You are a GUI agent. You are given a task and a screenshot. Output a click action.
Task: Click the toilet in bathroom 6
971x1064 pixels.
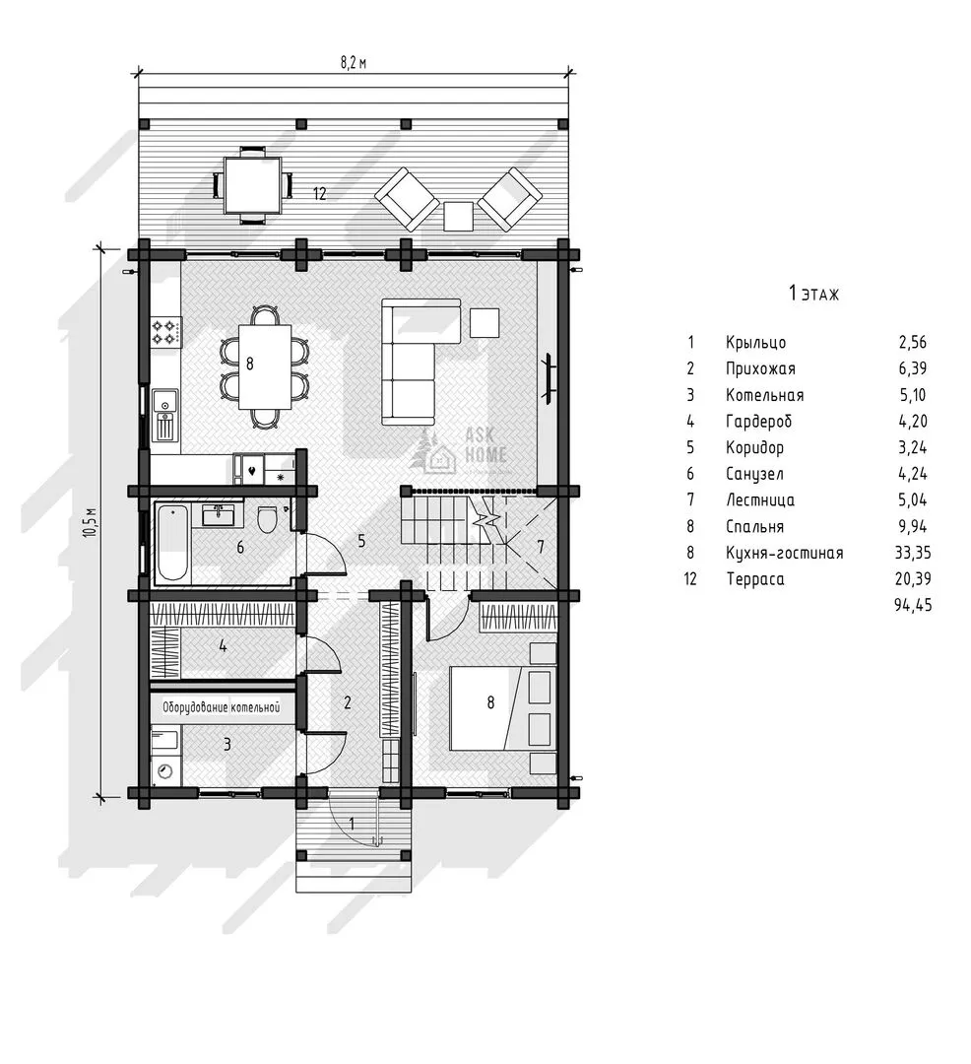(267, 520)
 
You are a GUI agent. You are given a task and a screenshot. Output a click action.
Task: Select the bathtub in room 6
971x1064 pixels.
(172, 543)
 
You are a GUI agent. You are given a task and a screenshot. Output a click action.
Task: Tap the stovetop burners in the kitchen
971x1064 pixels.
(166, 332)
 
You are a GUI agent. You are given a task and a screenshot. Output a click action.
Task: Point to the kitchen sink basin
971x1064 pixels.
(164, 401)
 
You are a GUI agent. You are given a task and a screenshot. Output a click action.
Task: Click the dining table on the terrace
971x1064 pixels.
(253, 185)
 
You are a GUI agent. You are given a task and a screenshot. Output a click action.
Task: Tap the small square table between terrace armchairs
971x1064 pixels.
(459, 217)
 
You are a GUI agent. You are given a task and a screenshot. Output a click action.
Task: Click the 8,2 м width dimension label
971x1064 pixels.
(354, 64)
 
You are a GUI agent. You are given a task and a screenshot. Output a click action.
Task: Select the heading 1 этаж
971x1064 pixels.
(813, 294)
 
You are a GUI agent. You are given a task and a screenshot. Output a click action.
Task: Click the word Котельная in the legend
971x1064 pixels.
(764, 395)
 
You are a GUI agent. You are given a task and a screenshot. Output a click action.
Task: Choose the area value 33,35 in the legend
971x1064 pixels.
(913, 553)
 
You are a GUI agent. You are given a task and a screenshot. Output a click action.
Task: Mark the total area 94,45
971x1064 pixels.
(913, 605)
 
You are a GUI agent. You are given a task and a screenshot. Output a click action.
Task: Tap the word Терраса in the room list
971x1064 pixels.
(755, 579)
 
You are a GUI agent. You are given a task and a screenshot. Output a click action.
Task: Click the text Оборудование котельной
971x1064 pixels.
(221, 707)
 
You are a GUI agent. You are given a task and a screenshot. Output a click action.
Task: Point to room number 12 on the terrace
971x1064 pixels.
(319, 193)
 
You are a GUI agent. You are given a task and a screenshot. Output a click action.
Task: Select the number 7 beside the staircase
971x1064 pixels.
(541, 547)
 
